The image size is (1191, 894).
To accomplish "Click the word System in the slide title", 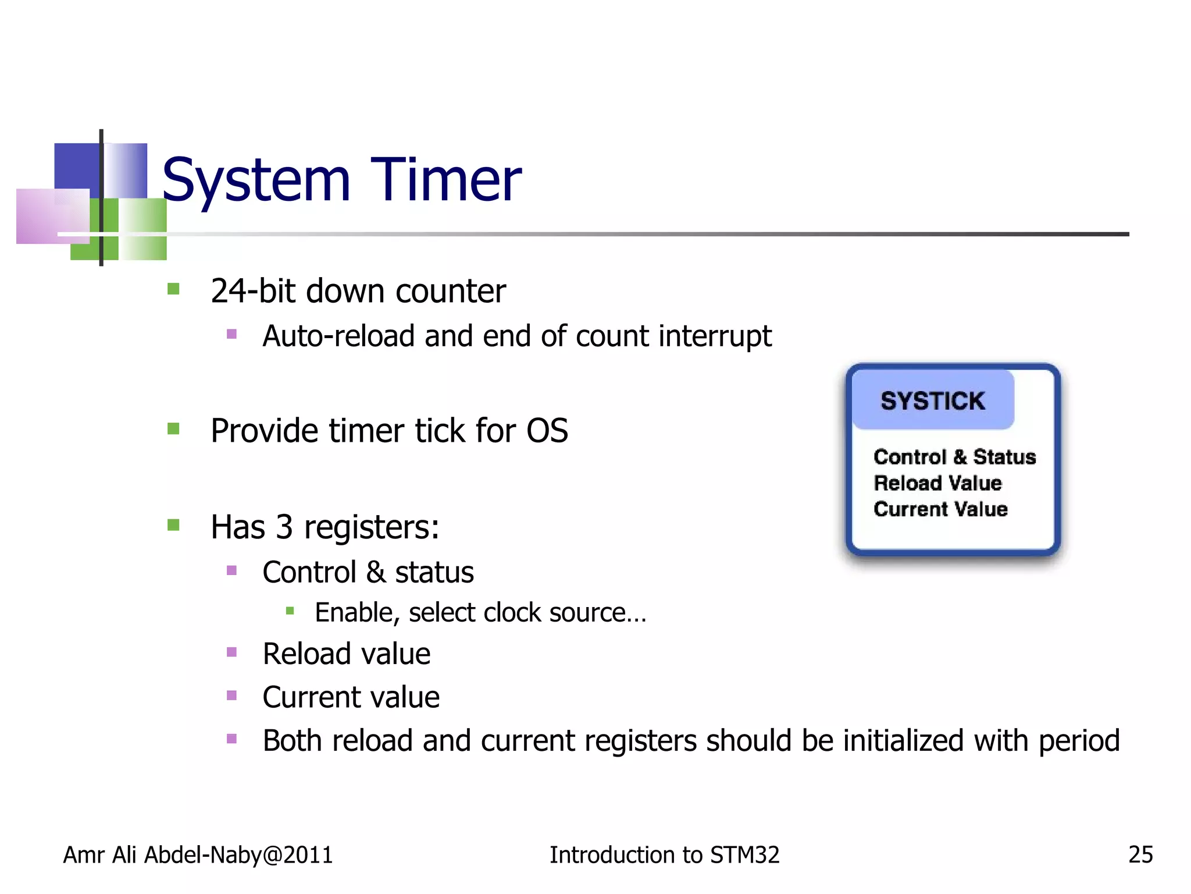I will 256,182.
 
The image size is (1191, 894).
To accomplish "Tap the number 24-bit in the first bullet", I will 254,291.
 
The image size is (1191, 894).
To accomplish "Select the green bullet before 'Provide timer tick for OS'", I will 173,429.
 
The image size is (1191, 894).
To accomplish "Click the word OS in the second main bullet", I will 547,431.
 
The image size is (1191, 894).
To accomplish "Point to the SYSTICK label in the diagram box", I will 932,401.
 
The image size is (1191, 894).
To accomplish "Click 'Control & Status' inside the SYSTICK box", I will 954,457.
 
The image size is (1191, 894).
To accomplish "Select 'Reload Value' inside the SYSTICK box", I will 937,483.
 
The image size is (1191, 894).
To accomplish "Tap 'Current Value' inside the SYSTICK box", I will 940,509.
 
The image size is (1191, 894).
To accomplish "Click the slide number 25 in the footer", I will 1140,854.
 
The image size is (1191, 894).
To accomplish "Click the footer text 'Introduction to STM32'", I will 664,855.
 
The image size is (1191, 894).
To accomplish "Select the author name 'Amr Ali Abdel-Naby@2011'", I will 198,855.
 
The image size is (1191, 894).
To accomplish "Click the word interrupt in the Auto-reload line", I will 715,337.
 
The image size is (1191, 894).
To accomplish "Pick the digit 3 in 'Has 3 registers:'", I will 284,527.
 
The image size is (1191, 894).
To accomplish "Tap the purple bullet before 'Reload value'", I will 231,652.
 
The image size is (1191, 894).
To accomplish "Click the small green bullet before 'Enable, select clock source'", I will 290,611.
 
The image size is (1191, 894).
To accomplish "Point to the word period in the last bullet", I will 1079,742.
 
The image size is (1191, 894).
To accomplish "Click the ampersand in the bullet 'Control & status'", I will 376,572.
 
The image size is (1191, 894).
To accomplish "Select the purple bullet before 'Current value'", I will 231,695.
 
